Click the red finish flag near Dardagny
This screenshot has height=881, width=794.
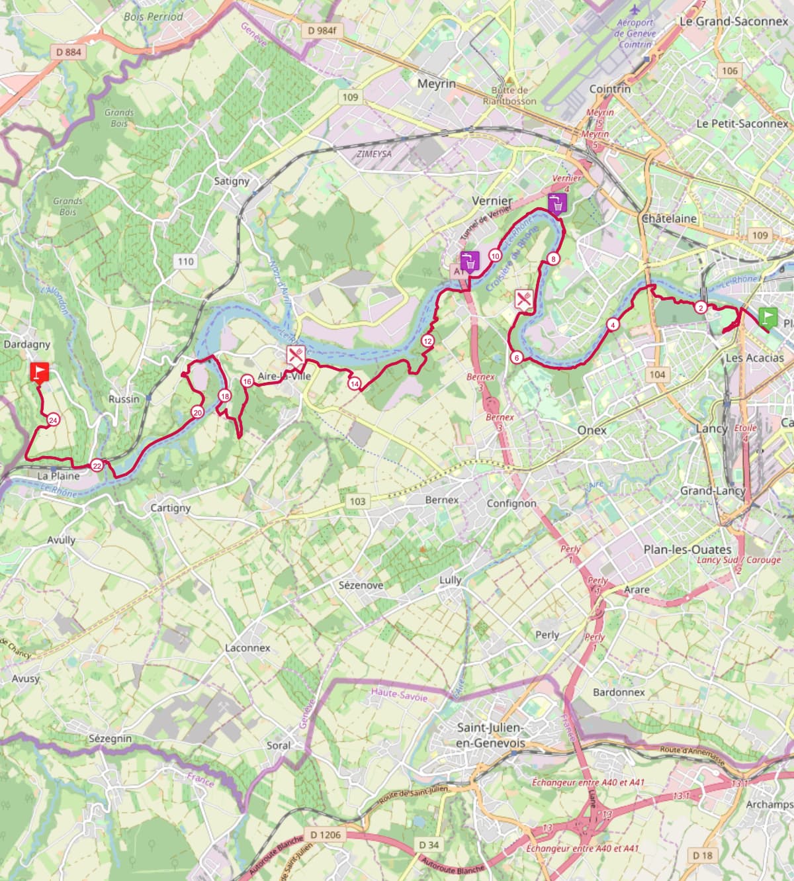40,372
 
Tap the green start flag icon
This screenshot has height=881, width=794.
768,318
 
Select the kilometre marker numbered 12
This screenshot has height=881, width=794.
427,342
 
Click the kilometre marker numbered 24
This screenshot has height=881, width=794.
53,420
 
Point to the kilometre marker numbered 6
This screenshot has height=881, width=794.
517,357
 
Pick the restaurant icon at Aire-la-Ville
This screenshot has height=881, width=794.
296,355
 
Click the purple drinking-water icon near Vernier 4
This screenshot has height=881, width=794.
557,203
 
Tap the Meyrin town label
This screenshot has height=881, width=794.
437,84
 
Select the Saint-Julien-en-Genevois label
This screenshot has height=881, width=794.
490,735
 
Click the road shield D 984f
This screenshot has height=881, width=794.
322,30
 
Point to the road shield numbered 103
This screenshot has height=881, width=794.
357,501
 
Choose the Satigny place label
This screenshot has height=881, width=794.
232,181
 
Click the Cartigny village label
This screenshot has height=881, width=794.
171,508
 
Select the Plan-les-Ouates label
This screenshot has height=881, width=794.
687,549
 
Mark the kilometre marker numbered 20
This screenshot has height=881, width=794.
197,412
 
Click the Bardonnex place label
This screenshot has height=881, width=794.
619,692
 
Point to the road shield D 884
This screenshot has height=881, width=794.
69,52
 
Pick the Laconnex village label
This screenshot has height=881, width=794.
247,648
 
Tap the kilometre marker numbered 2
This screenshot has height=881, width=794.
701,307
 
